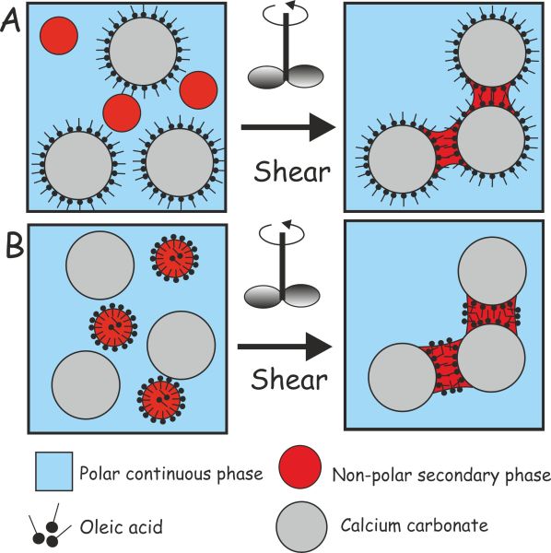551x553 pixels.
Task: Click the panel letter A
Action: point(14,19)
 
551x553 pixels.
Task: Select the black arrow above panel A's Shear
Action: point(287,130)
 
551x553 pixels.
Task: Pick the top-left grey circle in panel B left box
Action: point(99,264)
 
